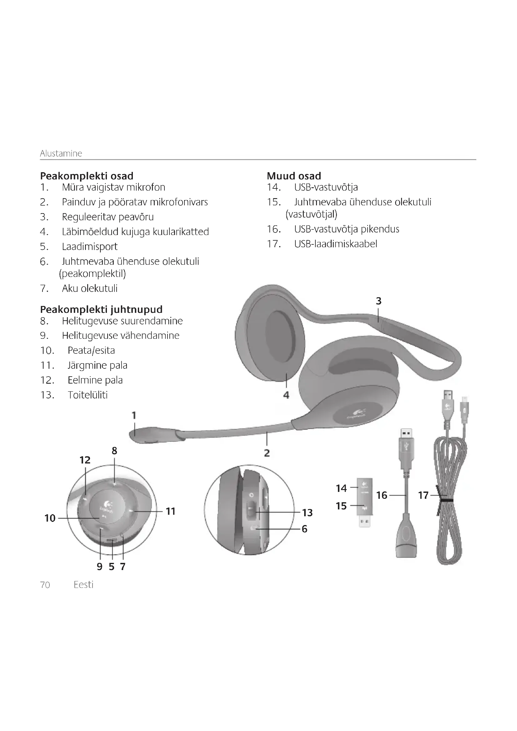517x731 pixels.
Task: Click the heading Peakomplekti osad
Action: (87, 176)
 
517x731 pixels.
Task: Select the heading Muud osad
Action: (294, 176)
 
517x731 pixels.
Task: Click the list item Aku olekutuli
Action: (89, 288)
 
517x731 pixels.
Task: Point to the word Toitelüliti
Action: (88, 395)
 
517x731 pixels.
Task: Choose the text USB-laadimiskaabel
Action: (335, 244)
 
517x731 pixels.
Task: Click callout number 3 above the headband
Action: (378, 301)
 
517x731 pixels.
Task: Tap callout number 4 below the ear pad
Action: (286, 395)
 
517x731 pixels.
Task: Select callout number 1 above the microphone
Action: (134, 415)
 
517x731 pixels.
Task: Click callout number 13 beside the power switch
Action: (307, 513)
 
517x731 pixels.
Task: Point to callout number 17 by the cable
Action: (423, 495)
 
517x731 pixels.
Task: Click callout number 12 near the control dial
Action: (85, 460)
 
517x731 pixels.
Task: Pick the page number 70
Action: (45, 585)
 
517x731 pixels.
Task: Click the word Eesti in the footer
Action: (83, 585)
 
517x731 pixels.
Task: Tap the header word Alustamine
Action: (61, 153)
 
